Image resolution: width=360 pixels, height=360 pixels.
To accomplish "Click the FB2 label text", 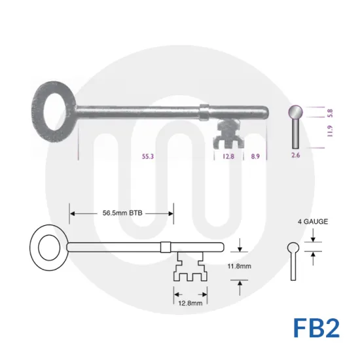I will coord(316,327).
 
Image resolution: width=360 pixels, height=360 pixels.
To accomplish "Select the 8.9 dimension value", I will coord(255,156).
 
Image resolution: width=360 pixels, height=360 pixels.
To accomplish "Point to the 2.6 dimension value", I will coord(295,156).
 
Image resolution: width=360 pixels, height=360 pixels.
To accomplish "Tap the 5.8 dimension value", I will coord(331,113).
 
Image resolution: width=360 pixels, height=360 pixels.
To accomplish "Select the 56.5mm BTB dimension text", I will coord(122,213).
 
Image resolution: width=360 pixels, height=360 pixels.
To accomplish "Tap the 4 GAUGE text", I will coord(312,222).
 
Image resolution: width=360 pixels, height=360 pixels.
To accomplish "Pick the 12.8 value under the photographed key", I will coord(226,156).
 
